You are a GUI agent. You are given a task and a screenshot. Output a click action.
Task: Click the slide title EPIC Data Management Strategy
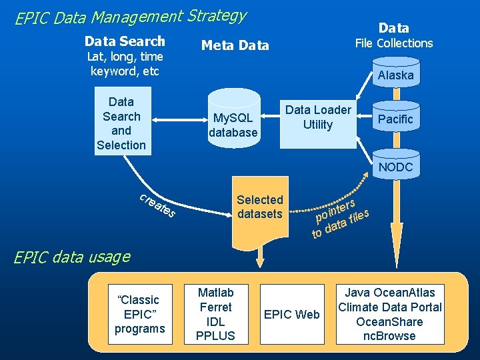coord(131,17)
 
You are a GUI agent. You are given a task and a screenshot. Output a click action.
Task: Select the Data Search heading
coord(125,41)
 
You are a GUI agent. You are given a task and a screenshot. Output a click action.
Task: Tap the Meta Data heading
coord(235,45)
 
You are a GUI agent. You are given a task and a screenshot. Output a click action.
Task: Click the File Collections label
coord(393,43)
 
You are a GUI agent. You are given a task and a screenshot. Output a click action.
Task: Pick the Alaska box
coord(395,75)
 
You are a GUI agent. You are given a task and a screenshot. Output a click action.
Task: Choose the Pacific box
coord(395,119)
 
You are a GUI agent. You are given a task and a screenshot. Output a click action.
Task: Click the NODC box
coord(395,167)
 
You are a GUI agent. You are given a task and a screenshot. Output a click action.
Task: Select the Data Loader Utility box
coord(317,118)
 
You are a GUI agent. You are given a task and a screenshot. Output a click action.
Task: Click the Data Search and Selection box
coord(121,123)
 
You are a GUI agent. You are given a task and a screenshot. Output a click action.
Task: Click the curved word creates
coord(157,205)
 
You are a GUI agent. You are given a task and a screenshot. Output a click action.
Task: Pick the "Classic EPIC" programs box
coord(139,314)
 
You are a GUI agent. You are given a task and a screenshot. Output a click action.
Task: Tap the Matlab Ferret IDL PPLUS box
coord(215,314)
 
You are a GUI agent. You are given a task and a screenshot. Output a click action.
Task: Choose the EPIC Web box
coord(292,314)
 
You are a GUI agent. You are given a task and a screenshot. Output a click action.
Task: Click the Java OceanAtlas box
coord(389,314)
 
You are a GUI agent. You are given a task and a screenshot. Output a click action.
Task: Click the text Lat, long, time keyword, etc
coord(125,64)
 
